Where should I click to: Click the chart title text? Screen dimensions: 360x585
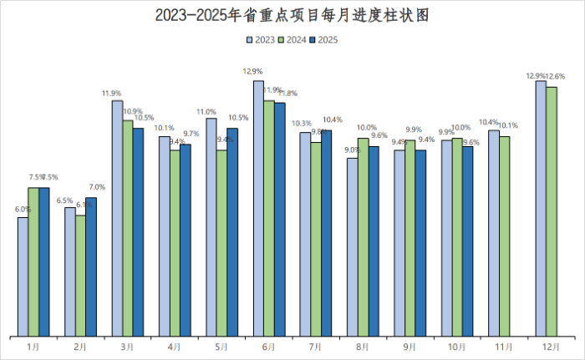292,15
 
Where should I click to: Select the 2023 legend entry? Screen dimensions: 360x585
261,39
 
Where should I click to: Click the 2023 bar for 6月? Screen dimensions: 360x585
258,208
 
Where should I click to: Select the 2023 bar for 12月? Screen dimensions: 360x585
541,208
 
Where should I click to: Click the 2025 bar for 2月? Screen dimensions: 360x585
91,266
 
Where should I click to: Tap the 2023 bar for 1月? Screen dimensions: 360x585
23,276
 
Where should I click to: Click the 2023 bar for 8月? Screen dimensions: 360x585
353,246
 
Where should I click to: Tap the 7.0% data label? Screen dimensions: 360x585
97,187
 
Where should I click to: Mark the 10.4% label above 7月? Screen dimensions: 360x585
332,119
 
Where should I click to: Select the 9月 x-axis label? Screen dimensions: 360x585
410,346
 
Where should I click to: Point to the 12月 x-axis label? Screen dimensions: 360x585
547,346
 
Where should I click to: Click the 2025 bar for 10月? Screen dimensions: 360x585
468,241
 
